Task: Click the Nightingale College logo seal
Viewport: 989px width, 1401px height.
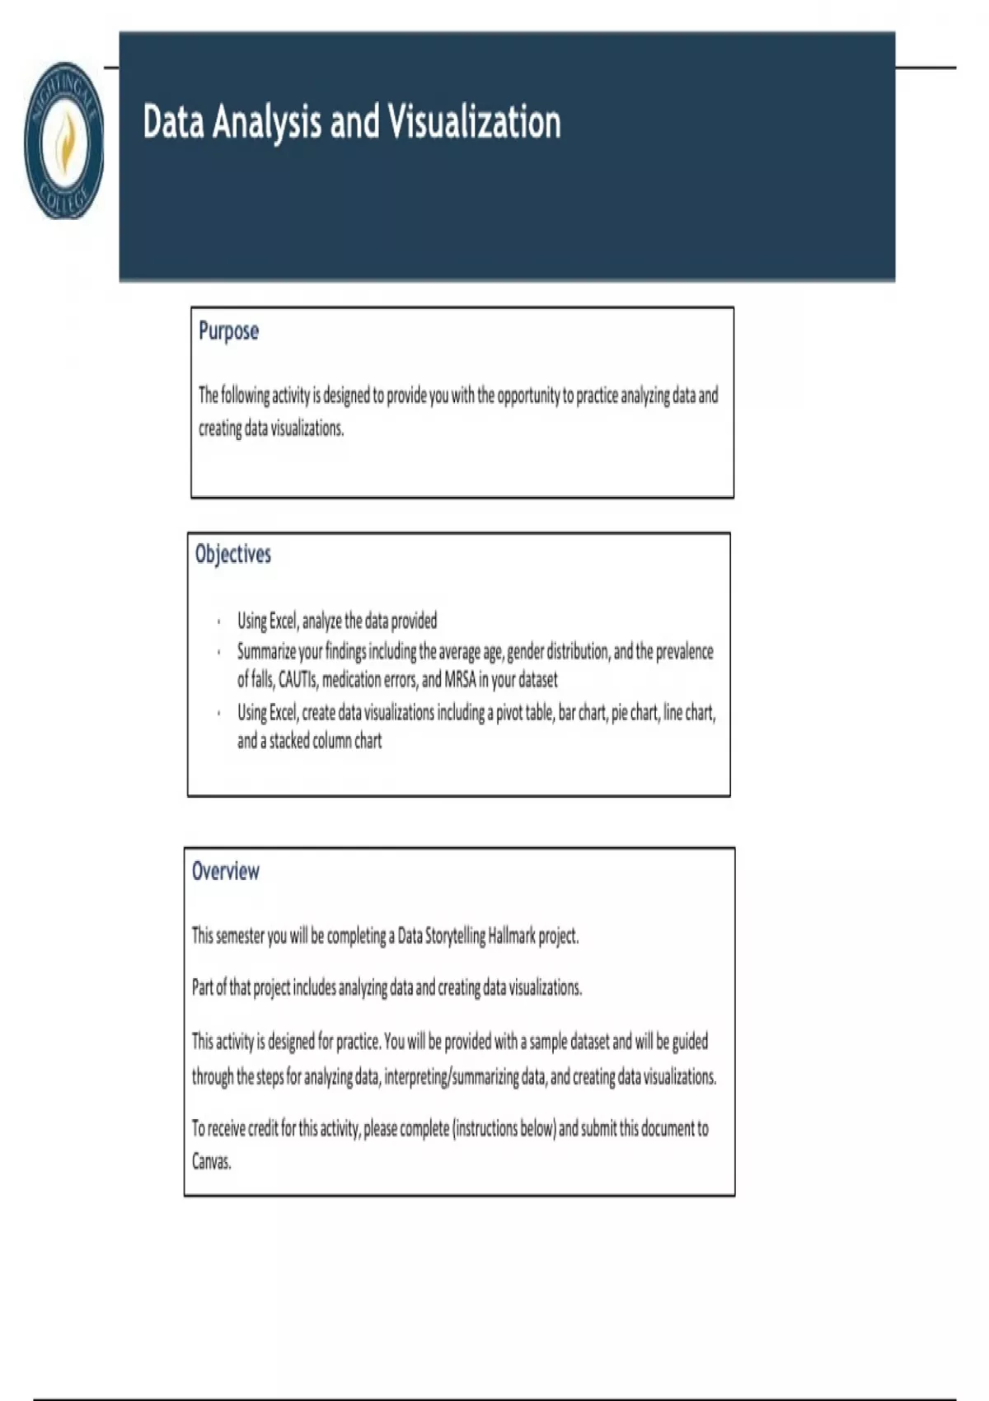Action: pyautogui.click(x=64, y=141)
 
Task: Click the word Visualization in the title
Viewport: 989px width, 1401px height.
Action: pyautogui.click(x=474, y=122)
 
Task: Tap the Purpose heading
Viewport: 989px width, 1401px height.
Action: pyautogui.click(x=228, y=331)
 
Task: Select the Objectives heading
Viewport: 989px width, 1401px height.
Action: pyautogui.click(x=233, y=554)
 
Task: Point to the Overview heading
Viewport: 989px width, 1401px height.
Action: pyautogui.click(x=225, y=871)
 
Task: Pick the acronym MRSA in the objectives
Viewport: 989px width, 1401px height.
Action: pyautogui.click(x=460, y=680)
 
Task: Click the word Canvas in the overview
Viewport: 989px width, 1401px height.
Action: pyautogui.click(x=211, y=1162)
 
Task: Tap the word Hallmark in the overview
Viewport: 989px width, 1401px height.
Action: pyautogui.click(x=511, y=936)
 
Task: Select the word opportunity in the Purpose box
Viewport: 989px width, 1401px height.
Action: pyautogui.click(x=527, y=396)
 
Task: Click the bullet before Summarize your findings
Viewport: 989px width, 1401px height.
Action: pyautogui.click(x=218, y=652)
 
